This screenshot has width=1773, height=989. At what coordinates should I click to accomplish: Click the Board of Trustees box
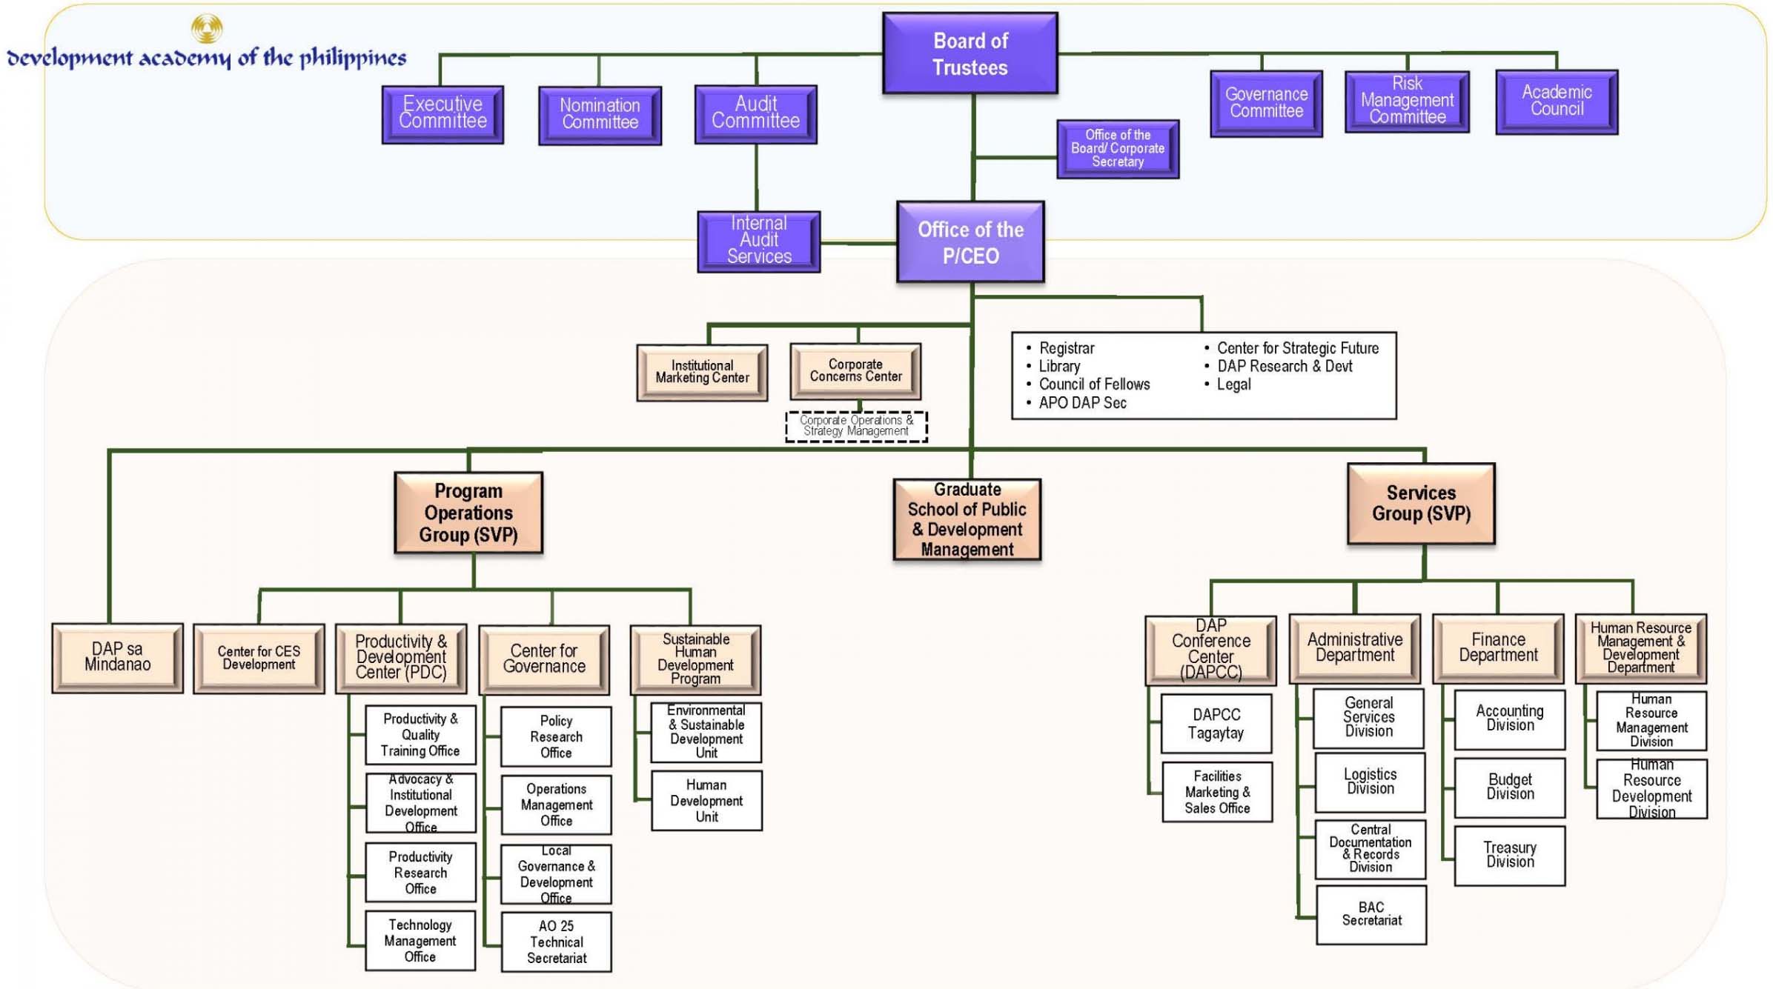(x=970, y=53)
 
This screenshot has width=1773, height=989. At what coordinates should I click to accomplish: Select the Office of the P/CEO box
(x=970, y=242)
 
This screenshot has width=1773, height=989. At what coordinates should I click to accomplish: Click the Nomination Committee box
(x=600, y=115)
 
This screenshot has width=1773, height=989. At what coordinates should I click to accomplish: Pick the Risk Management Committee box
(x=1407, y=101)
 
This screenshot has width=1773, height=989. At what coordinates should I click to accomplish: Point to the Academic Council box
(x=1557, y=101)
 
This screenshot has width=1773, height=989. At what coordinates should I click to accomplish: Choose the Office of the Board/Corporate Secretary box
(x=1118, y=149)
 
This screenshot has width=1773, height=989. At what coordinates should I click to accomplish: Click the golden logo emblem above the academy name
(x=207, y=28)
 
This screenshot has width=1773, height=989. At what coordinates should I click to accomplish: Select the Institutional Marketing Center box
(x=702, y=372)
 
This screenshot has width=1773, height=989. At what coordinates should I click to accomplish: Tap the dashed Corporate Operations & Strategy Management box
(x=856, y=427)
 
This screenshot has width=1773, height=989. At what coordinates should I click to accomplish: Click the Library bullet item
(x=1059, y=367)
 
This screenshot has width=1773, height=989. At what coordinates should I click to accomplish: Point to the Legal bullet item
(x=1233, y=384)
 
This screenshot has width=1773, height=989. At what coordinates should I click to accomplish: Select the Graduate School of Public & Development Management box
(x=967, y=519)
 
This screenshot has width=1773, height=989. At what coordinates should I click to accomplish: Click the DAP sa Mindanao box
(x=117, y=658)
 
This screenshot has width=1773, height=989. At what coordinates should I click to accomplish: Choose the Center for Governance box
(x=544, y=659)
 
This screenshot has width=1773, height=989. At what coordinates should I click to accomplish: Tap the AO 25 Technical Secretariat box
(x=556, y=942)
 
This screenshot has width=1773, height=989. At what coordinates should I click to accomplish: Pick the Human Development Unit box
(x=706, y=801)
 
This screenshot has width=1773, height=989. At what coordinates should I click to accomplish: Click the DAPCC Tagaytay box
(x=1216, y=724)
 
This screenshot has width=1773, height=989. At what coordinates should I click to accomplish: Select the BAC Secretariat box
(x=1371, y=914)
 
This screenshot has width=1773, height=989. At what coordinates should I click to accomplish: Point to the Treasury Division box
(x=1509, y=855)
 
